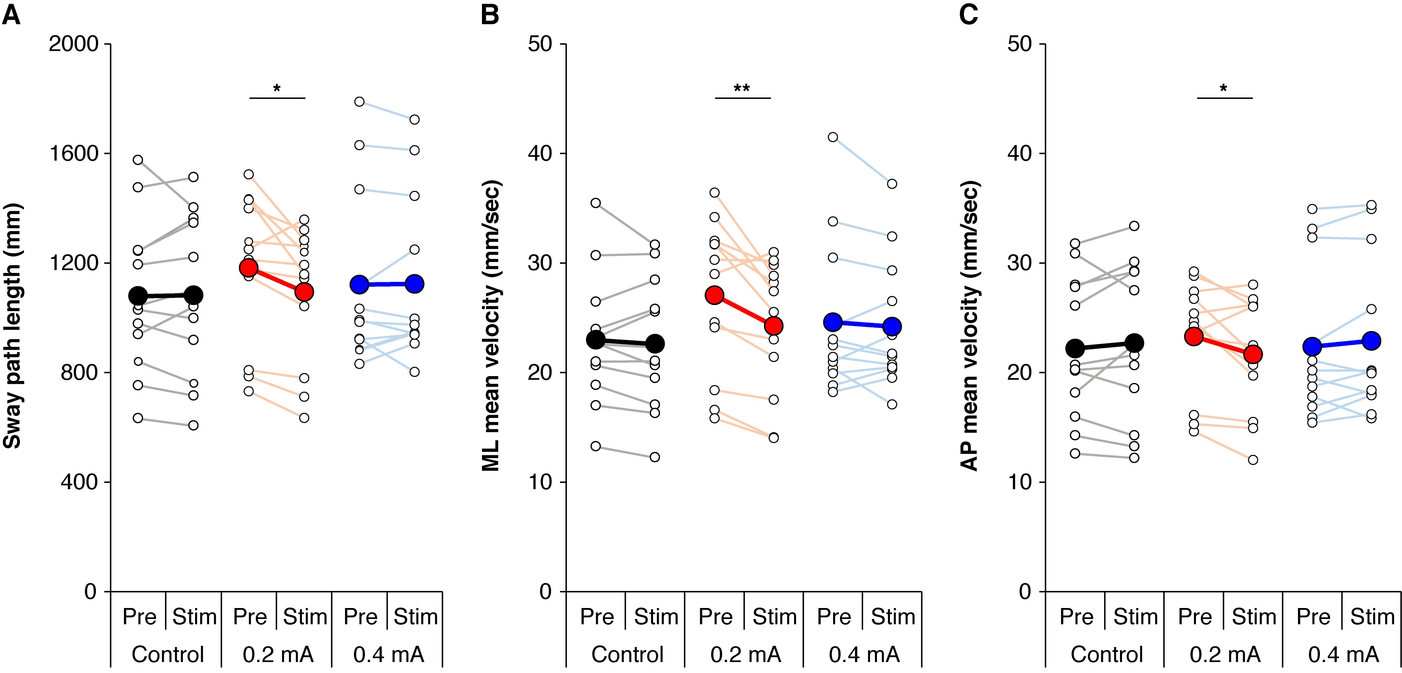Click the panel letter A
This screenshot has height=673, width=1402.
pos(11,15)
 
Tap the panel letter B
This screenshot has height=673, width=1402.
pos(490,15)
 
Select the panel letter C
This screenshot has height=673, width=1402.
pos(968,15)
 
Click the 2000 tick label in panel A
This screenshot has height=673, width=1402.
pos(74,44)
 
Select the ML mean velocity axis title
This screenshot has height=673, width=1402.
pos(491,325)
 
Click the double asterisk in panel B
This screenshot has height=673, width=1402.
pos(742,89)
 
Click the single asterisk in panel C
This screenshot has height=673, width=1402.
pos(1224,89)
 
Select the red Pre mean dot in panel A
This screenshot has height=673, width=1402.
pos(248,268)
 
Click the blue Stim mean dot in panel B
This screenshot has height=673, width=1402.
pos(892,327)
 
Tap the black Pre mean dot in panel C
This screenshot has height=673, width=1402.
pos(1075,348)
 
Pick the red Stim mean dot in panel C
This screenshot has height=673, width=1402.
pos(1253,355)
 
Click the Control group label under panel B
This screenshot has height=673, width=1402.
pos(627,654)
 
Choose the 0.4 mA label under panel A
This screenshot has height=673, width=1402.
pos(388,654)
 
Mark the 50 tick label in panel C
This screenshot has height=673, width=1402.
pos(1019,44)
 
